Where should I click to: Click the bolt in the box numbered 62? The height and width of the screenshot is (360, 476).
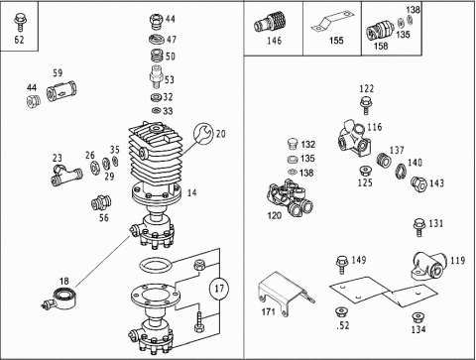pos(19,23)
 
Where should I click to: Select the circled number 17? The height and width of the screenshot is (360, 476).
pos(219,289)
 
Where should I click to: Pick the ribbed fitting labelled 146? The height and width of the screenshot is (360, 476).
pos(270,22)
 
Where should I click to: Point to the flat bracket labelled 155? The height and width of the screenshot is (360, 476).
pos(332,22)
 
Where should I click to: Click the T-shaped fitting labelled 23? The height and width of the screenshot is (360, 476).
pos(66,176)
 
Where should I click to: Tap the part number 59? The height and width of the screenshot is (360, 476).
pos(58,73)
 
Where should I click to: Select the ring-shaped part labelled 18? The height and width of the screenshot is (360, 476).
pos(63,299)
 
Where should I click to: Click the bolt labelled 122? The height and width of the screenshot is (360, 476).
pos(366,105)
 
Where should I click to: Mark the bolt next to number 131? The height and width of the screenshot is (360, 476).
pos(418,227)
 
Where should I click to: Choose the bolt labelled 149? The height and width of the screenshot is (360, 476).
pos(342,265)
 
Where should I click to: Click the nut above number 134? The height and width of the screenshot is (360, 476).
pos(417,318)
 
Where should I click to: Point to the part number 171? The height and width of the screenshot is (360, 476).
pos(268,311)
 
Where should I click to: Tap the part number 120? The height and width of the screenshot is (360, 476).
pos(274,216)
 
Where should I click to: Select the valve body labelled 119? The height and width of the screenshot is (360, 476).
pos(428,266)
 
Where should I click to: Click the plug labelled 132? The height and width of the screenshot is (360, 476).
pos(293,145)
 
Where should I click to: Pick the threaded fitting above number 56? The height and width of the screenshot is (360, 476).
pos(101,202)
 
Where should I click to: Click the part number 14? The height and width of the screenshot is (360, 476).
pos(191,192)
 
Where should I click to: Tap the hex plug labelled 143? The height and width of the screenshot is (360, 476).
pos(418,183)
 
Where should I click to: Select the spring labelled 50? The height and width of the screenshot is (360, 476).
pos(157,56)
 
